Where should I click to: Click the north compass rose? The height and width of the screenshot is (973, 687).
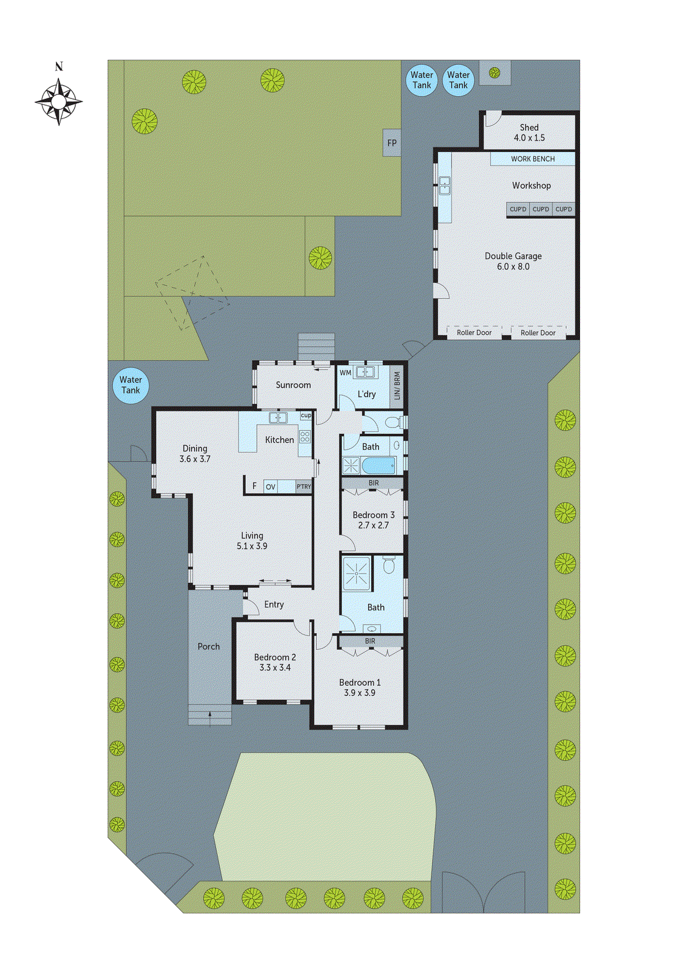click(58, 101)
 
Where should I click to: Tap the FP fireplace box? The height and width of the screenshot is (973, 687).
click(392, 143)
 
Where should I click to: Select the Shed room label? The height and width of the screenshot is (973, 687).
click(529, 133)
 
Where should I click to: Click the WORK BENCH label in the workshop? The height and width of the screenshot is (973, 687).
click(532, 159)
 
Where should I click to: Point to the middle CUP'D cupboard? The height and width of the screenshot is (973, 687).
click(541, 209)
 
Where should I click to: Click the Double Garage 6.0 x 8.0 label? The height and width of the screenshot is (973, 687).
click(513, 261)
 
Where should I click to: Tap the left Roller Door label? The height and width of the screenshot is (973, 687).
click(474, 333)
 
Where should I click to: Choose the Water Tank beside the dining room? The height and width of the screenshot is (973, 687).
click(131, 386)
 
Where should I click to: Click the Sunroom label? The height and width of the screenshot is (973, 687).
click(293, 385)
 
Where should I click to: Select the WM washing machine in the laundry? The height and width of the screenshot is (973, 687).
click(345, 373)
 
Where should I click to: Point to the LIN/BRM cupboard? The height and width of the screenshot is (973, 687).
click(397, 386)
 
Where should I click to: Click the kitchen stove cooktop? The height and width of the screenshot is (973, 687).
click(305, 436)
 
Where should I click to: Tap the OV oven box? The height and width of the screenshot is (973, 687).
click(271, 486)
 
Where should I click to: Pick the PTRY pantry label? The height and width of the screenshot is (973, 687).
click(304, 486)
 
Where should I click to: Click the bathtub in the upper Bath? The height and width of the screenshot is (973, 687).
click(378, 466)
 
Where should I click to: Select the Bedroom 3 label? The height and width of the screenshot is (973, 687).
click(373, 520)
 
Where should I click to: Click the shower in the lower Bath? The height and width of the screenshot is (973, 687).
click(357, 573)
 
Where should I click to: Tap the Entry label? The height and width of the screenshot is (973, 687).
click(274, 604)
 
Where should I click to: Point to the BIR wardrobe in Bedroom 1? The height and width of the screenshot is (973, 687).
click(370, 641)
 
